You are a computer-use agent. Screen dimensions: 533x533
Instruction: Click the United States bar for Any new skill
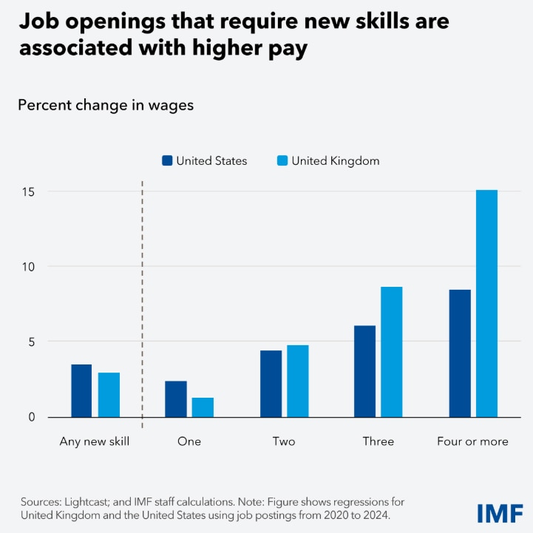click(x=81, y=391)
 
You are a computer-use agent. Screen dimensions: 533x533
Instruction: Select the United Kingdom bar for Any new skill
click(x=109, y=395)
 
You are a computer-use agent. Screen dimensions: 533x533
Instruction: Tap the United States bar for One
click(x=176, y=399)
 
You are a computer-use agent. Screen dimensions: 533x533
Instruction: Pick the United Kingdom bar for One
click(x=203, y=407)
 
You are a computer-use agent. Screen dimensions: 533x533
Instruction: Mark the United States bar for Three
click(x=364, y=372)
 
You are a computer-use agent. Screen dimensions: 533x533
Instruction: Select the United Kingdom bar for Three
click(x=392, y=352)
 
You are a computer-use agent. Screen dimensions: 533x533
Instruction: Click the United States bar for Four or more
click(x=460, y=353)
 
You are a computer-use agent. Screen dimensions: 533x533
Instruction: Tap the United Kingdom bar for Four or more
click(x=486, y=304)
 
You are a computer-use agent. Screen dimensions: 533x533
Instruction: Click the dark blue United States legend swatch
click(x=167, y=160)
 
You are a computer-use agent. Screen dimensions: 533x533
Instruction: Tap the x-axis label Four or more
click(x=473, y=441)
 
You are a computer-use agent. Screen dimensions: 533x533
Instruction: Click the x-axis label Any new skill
click(x=95, y=441)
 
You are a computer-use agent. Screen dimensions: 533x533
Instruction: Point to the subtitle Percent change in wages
click(x=106, y=105)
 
